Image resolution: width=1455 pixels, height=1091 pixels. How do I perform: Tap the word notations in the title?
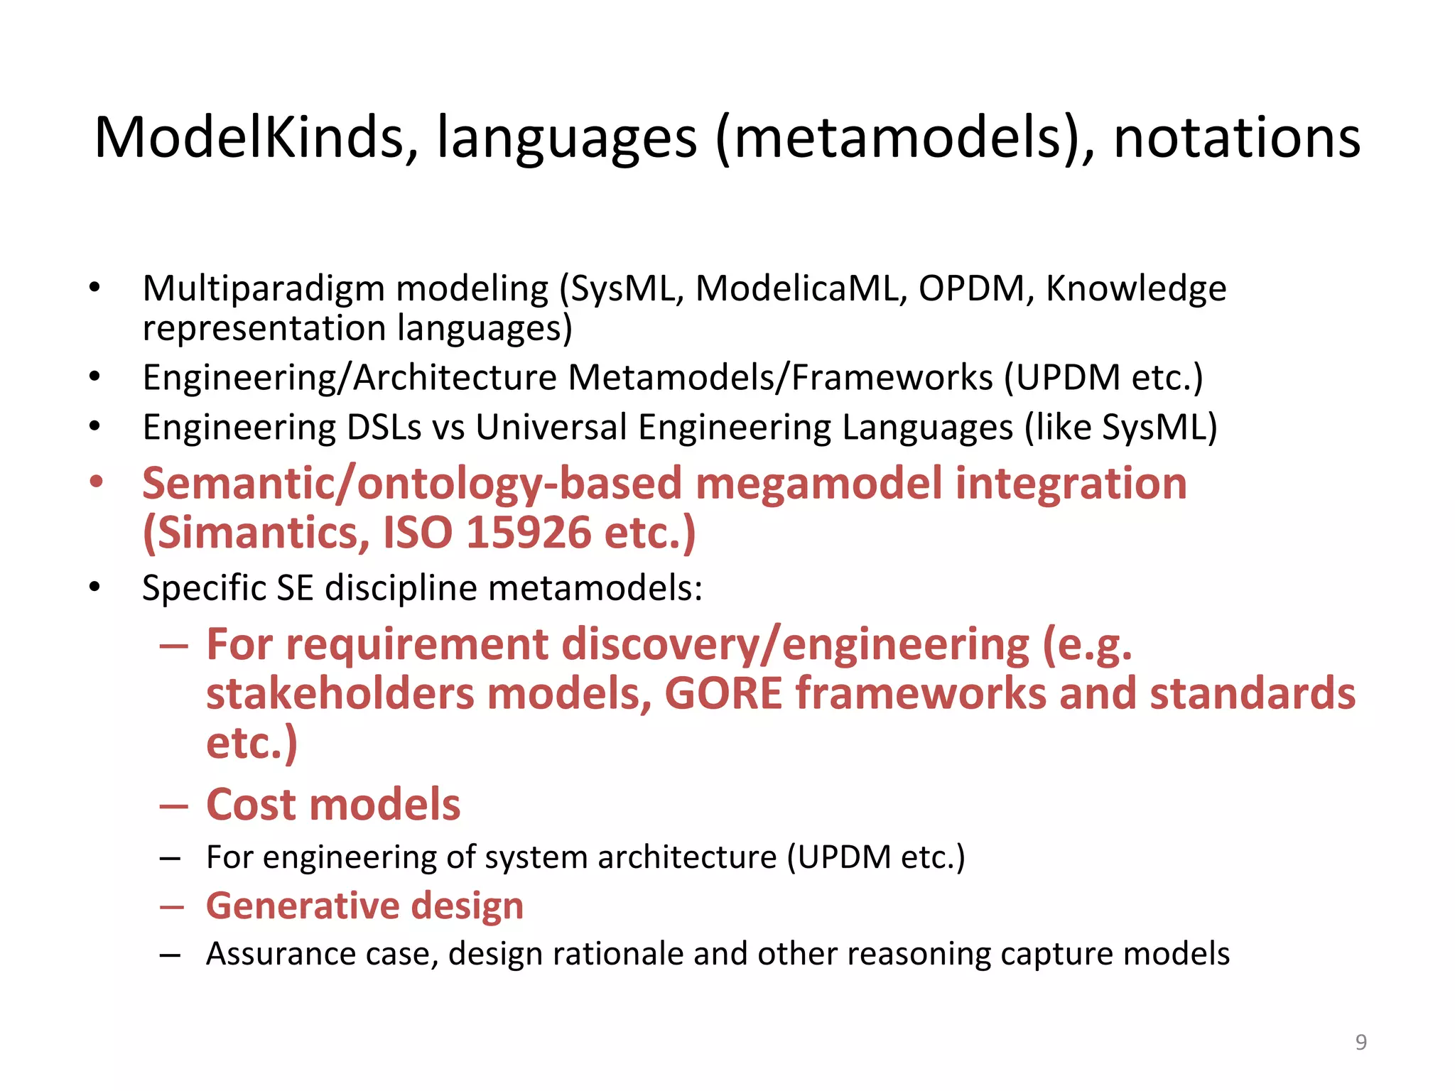tap(1236, 138)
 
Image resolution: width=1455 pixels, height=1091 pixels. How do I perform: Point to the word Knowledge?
tap(1136, 289)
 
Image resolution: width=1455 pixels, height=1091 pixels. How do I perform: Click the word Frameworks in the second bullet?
tap(892, 377)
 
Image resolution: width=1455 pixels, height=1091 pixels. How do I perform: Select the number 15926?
tap(529, 533)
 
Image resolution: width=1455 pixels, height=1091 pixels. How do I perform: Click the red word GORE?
tap(723, 693)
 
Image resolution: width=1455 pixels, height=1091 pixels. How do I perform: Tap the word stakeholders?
tap(340, 693)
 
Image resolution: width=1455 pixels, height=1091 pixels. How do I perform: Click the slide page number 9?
tap(1361, 1042)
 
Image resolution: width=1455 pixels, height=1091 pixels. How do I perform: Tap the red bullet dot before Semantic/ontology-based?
tap(96, 482)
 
